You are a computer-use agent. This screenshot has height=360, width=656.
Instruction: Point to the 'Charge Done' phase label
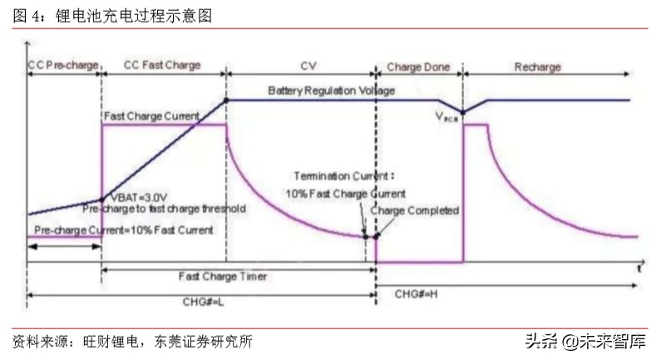(x=419, y=65)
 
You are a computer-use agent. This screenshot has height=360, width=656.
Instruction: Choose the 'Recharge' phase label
(x=537, y=65)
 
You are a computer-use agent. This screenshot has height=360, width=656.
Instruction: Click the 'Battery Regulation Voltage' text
(x=331, y=89)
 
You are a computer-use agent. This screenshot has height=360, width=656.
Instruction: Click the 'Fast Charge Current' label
(x=151, y=115)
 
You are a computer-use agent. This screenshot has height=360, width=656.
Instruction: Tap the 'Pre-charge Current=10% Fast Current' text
(x=120, y=229)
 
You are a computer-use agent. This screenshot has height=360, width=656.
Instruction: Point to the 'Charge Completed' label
(x=414, y=211)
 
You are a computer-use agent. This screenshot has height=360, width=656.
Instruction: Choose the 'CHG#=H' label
(x=416, y=293)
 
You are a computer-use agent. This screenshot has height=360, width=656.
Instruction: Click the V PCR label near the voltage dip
(x=446, y=118)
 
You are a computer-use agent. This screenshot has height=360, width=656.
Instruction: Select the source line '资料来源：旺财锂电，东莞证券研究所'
(x=132, y=341)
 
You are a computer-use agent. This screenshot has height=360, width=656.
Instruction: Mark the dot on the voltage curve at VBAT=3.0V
(x=101, y=200)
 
